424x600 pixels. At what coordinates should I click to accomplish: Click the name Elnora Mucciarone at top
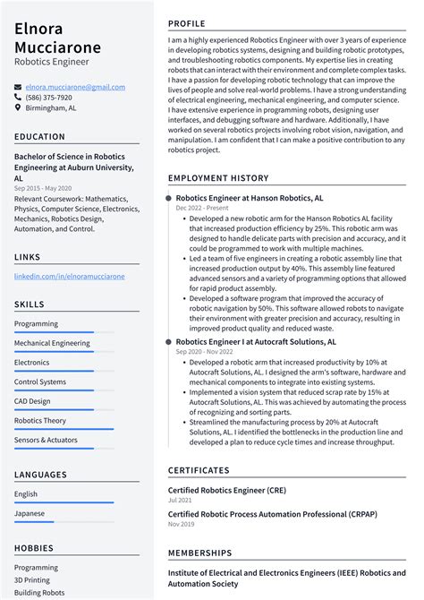click(x=58, y=37)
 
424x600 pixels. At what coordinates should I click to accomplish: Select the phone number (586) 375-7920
click(x=49, y=98)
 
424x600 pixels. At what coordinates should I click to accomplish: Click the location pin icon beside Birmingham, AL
click(x=18, y=108)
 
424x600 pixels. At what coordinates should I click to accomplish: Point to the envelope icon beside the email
click(x=18, y=88)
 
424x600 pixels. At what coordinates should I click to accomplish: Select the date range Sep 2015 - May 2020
click(x=43, y=188)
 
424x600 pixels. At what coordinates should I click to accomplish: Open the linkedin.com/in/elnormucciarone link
click(x=68, y=277)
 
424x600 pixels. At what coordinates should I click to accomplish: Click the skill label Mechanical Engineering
click(x=52, y=343)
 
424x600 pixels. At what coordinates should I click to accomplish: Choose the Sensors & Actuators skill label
click(x=46, y=440)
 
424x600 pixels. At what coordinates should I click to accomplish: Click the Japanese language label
click(x=30, y=514)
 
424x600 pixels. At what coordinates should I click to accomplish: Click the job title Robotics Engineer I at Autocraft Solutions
click(x=256, y=341)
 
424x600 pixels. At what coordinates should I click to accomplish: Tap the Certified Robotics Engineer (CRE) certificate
click(x=227, y=490)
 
